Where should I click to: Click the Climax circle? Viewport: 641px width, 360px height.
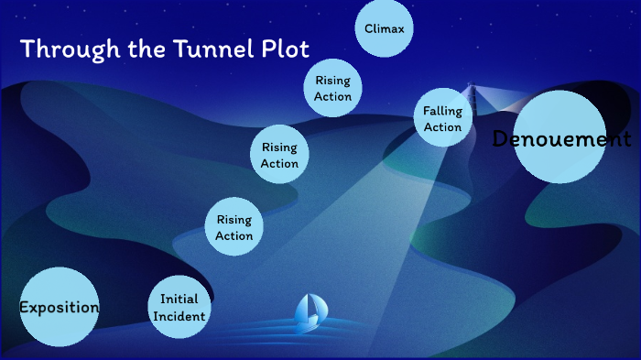384,28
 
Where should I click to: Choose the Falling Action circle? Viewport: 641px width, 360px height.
442,119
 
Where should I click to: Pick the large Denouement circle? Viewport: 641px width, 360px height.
560,137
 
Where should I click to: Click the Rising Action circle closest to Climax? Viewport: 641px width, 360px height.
332,88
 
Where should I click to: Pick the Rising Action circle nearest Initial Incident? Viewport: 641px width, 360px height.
234,228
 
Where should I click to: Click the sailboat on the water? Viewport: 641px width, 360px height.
309,312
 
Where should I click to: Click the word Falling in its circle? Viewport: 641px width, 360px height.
442,112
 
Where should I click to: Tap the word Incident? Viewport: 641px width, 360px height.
179,316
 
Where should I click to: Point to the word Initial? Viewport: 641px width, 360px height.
179,300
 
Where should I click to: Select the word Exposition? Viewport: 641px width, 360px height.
59,308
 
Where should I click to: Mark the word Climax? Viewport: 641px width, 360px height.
384,28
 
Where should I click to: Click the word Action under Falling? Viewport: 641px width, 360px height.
442,127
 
